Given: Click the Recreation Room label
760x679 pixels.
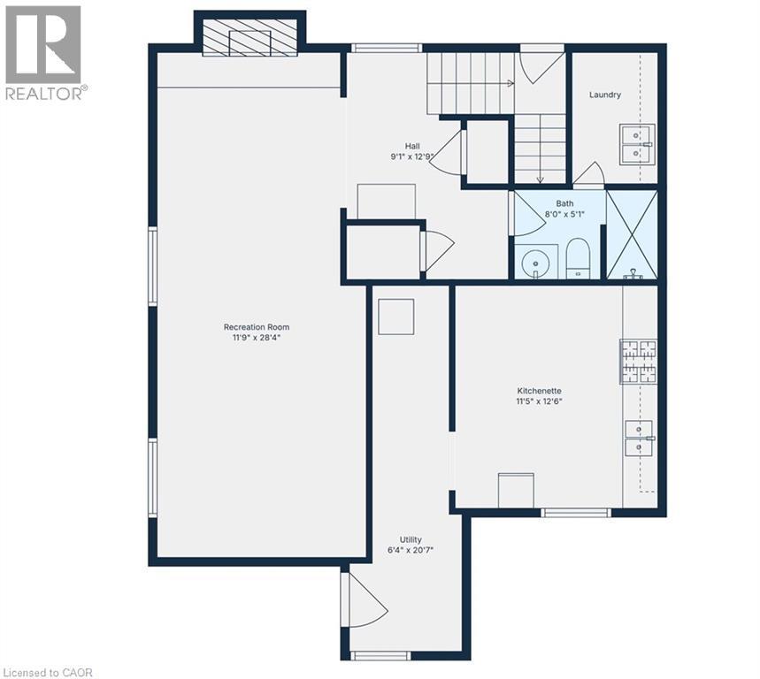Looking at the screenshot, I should pos(257,327).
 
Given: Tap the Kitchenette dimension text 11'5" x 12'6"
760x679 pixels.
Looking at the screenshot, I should pos(540,401).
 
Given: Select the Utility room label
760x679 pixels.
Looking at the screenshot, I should pos(410,539).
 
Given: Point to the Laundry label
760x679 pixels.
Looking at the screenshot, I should pos(605,95).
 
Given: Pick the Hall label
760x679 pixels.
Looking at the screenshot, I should pos(412,146).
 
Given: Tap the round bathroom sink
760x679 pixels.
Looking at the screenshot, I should pos(535,263).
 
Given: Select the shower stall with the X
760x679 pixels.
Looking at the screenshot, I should pos(632,235).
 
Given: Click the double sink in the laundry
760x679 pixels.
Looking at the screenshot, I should pos(636,143).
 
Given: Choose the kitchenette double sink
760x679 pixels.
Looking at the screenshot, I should pos(640,439).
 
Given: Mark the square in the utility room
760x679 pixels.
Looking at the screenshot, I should pos(395,317).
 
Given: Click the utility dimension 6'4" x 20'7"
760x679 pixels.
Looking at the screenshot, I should pos(410,551).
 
